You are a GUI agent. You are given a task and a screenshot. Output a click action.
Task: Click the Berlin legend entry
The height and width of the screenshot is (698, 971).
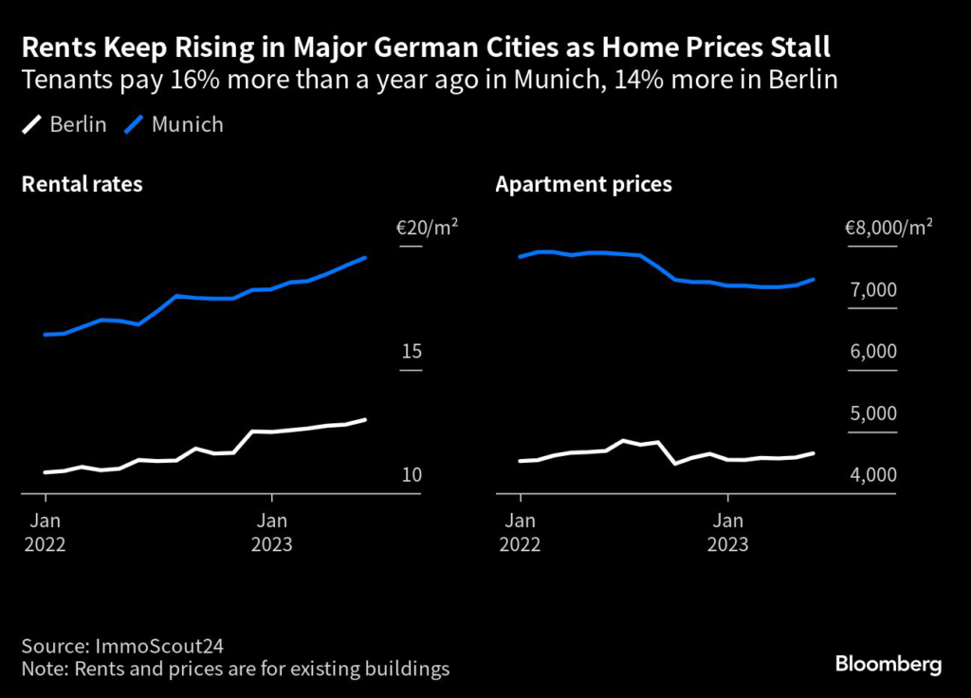tap(65, 124)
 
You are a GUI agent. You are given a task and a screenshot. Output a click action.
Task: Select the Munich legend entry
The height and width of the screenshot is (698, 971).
tap(175, 124)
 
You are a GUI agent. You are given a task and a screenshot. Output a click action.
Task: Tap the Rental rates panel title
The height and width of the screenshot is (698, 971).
tap(82, 184)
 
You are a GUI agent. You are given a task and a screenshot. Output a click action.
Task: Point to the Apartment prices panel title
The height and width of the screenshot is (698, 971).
tap(583, 184)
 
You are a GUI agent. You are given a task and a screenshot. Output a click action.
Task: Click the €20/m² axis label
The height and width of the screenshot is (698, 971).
tap(427, 228)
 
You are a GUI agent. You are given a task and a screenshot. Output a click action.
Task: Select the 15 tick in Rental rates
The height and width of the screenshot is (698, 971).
tap(411, 352)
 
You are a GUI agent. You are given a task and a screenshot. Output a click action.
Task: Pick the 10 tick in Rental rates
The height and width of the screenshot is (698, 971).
tap(411, 475)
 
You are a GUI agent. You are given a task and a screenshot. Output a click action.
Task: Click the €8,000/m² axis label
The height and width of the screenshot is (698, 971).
tap(889, 228)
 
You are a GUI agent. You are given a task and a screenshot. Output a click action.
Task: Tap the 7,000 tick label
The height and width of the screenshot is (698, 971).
tap(873, 290)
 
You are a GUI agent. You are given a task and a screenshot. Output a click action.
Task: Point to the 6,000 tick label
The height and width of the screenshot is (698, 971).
tap(873, 352)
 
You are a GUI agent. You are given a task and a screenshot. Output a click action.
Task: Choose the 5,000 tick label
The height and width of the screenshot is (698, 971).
tap(873, 414)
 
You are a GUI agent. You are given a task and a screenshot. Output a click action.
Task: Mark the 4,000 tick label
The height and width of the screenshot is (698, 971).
tap(873, 475)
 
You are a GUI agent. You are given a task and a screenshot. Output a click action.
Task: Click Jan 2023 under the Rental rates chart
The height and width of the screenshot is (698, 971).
tap(272, 532)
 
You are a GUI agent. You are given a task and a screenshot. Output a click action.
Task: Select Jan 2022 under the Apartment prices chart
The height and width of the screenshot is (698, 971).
tap(520, 532)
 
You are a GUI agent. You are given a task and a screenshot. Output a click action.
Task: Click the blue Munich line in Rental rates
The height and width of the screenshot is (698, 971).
tap(176, 296)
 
